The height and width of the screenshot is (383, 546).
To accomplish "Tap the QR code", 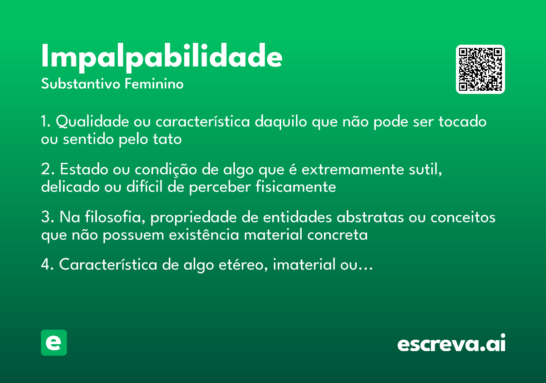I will [480, 69].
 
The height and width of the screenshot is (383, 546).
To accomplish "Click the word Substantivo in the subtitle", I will [81, 84].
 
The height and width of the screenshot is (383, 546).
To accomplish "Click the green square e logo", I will [54, 342].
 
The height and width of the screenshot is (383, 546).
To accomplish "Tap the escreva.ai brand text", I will [451, 343].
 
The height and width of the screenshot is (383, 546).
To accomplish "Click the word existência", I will [204, 235].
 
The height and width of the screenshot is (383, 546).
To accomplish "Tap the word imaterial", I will [301, 265].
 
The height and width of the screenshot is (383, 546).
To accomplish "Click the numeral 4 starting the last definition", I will [45, 265].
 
